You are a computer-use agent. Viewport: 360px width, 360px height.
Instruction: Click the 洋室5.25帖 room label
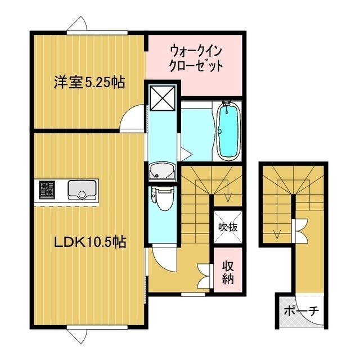point(89,83)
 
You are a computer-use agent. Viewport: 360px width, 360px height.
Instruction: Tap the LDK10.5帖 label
point(90,242)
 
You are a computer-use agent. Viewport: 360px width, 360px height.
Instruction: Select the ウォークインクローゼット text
point(196,58)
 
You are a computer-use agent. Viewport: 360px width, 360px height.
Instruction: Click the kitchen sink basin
point(82,190)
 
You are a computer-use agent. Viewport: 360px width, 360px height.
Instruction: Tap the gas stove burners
point(47,190)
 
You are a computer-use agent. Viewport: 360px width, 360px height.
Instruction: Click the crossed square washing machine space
point(163,97)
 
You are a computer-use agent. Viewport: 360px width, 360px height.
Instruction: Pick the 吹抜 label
point(228,227)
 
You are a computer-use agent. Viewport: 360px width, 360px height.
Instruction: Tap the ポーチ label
point(301,311)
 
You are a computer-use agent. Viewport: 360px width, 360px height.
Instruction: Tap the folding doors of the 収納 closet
point(205,275)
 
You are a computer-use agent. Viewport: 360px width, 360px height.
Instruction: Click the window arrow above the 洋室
point(77,24)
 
